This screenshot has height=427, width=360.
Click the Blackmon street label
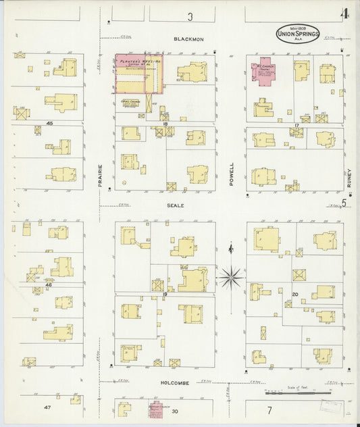click(x=187, y=39)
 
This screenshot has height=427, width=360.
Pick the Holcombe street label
click(x=178, y=382)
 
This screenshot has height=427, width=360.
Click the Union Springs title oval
click(x=297, y=34)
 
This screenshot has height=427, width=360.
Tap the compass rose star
click(x=231, y=276)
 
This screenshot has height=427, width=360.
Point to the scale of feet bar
click(x=297, y=392)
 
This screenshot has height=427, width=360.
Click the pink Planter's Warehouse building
click(x=139, y=73)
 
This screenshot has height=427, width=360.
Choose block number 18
click(x=165, y=124)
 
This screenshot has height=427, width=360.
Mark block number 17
click(x=297, y=125)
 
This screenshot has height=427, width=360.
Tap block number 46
click(x=49, y=285)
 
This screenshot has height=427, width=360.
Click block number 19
click(x=164, y=295)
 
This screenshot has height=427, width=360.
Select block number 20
click(x=295, y=294)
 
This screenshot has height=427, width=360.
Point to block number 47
click(x=47, y=407)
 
